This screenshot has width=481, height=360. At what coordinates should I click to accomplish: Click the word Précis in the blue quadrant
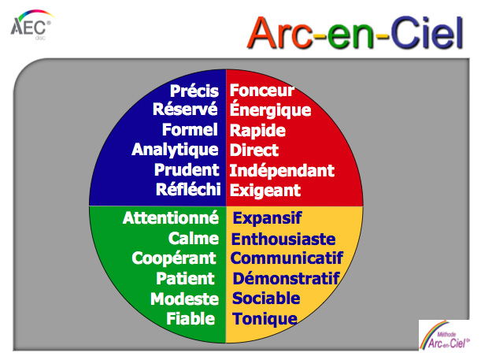[x=194, y=91]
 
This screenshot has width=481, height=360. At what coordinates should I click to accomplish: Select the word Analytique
[x=175, y=150]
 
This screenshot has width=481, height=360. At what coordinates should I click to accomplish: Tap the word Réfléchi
[x=188, y=189]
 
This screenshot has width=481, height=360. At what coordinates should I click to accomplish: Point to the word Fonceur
[x=262, y=91]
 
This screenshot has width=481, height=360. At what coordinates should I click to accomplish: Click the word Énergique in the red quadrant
[x=270, y=109]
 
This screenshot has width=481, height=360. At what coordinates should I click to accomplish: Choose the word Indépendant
[x=282, y=170]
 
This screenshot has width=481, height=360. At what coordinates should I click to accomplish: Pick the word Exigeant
[x=265, y=191]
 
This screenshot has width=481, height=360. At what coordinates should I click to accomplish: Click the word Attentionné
[x=171, y=217]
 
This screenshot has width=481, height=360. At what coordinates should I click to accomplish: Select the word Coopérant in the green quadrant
[x=174, y=258]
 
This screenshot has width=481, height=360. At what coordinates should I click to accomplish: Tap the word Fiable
[x=191, y=318]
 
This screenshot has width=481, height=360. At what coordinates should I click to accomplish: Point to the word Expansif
[x=267, y=218]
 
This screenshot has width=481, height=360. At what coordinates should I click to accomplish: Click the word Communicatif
[x=287, y=258]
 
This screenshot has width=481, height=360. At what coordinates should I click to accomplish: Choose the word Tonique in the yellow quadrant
[x=265, y=320]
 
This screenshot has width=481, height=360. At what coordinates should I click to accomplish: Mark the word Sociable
[x=266, y=299]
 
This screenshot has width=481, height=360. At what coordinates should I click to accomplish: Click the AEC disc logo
[x=31, y=25]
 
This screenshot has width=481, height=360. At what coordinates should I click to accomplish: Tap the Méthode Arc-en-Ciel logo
[x=444, y=335]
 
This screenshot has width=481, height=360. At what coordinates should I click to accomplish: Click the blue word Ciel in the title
[x=427, y=33]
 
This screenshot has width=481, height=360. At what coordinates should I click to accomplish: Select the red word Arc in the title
[x=281, y=33]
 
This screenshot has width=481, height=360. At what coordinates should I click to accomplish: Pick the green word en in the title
[x=351, y=36]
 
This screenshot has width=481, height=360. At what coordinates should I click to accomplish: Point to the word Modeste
[x=184, y=299]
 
